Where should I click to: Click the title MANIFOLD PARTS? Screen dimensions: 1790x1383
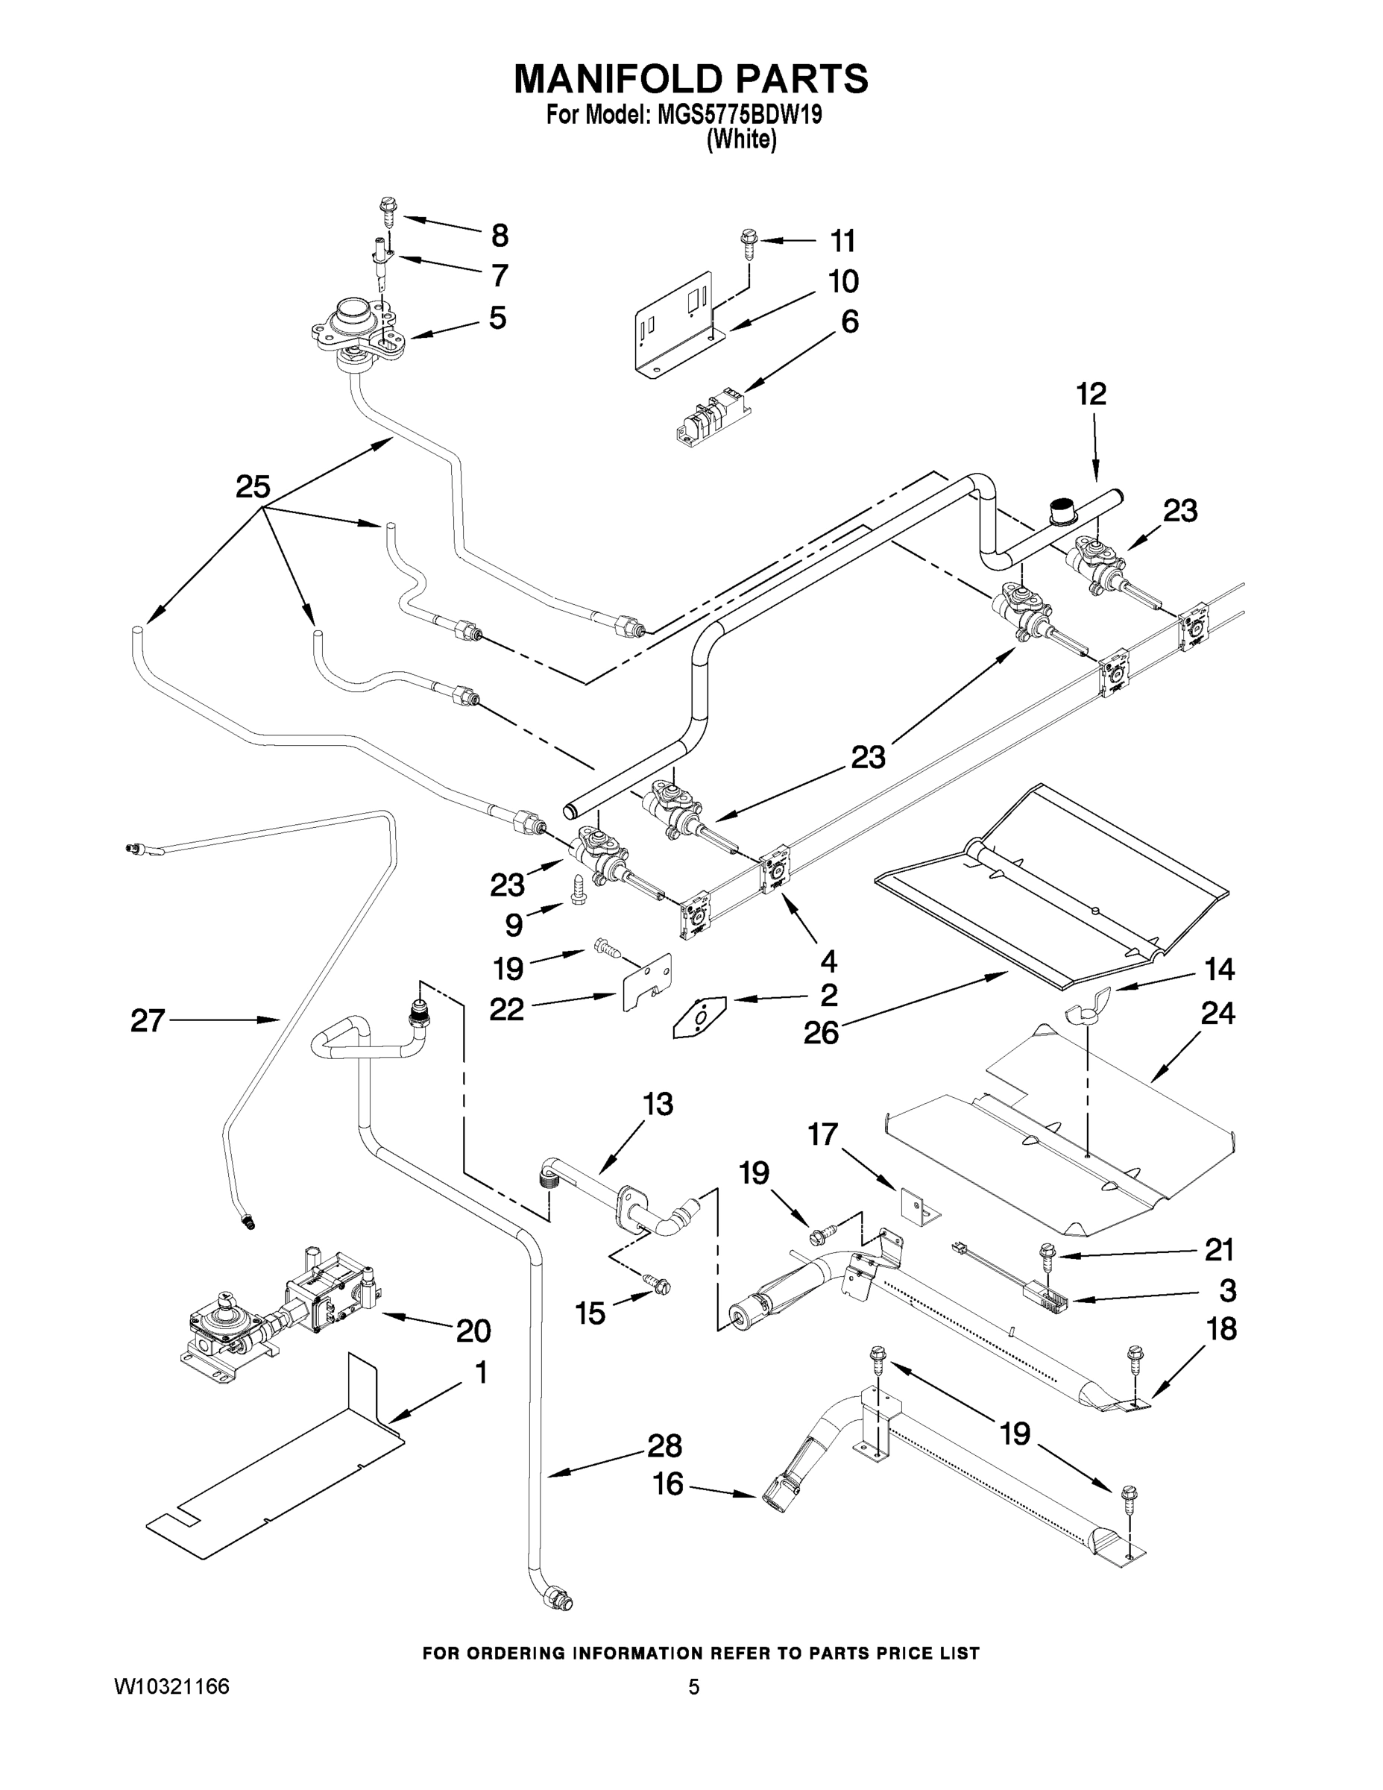[x=690, y=80]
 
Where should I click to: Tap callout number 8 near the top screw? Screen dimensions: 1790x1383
[x=499, y=236]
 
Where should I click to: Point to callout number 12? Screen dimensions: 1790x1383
[x=1091, y=395]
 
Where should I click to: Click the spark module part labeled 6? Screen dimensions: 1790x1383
[x=710, y=415]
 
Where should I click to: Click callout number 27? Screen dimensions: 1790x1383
[x=148, y=1020]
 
